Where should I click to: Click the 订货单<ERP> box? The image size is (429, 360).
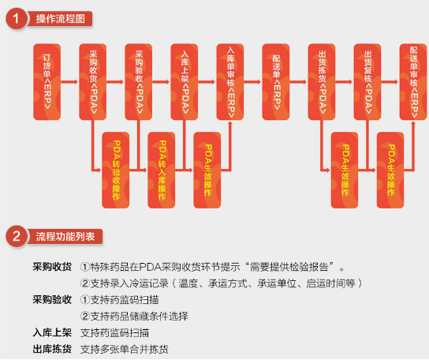[47, 82]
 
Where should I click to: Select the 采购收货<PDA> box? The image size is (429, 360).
[93, 82]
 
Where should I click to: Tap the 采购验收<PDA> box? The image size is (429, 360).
[139, 82]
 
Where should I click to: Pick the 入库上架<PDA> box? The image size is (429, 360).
[185, 82]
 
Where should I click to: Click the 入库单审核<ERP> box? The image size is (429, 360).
[230, 82]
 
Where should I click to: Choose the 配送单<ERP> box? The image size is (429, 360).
[276, 82]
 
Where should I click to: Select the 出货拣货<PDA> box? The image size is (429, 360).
[322, 82]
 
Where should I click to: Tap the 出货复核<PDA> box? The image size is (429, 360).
[367, 82]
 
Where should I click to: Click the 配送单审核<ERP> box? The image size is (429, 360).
[413, 82]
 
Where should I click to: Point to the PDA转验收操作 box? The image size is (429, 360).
[116, 171]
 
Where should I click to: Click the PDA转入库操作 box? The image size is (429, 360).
[162, 171]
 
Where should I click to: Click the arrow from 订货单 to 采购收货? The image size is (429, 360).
[69, 81]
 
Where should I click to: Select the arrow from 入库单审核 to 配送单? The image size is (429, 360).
[252, 81]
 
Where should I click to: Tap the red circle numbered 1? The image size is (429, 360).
[16, 19]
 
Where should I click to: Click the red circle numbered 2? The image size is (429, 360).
[16, 236]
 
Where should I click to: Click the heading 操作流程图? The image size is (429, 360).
[61, 19]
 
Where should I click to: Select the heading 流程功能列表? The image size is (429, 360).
[65, 236]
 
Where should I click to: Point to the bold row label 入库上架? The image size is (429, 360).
[52, 332]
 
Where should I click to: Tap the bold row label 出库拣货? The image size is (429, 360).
[52, 349]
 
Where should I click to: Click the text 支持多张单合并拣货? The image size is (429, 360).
[125, 349]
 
